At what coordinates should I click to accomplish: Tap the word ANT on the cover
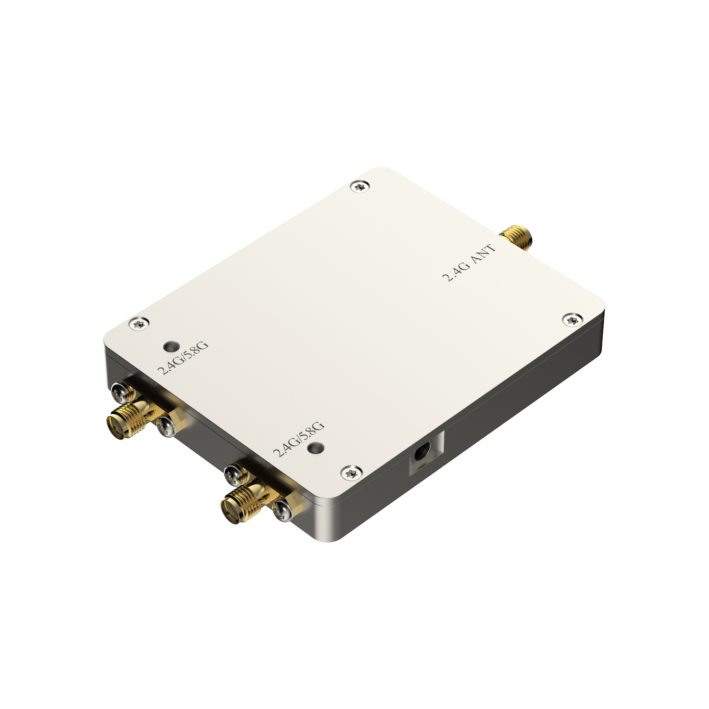[x=483, y=254]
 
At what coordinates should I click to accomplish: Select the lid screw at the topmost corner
[x=360, y=186]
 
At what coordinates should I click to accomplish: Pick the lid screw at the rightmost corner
[x=573, y=319]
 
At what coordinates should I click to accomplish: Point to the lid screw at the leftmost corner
[x=139, y=323]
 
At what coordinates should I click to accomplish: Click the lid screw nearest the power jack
[x=351, y=473]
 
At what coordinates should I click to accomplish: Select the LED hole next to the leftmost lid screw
[x=171, y=346]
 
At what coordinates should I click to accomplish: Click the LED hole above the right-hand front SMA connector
[x=316, y=448]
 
